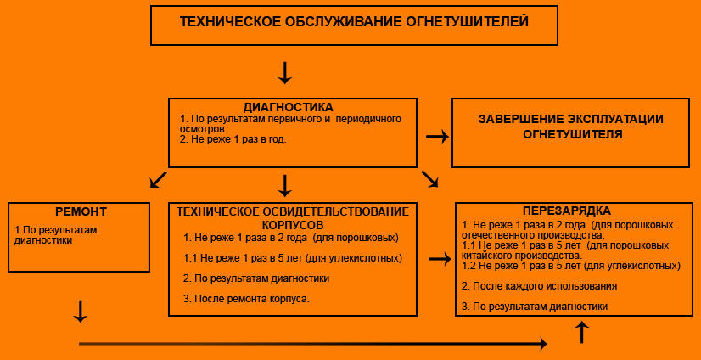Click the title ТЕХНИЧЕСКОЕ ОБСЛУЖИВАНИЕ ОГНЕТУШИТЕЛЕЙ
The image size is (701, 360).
[x=354, y=22]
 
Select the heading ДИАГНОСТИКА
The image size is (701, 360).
[x=288, y=107]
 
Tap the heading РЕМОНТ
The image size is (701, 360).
[x=81, y=211]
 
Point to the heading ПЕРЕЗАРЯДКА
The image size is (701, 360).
[x=566, y=211]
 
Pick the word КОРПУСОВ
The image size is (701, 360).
[x=293, y=223]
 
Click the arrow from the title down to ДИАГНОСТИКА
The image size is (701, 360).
[x=284, y=72]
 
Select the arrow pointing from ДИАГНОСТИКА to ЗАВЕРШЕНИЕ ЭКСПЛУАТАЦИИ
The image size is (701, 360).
[x=437, y=137]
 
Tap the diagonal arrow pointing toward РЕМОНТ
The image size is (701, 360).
[x=158, y=180]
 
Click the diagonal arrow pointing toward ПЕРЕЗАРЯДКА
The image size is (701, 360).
[x=430, y=179]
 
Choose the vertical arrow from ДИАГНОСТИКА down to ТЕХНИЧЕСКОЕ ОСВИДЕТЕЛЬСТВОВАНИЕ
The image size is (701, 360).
[x=284, y=186]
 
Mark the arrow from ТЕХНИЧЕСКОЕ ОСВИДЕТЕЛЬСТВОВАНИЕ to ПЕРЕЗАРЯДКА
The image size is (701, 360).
[x=440, y=259]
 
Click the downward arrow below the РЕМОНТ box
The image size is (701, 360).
[x=80, y=312]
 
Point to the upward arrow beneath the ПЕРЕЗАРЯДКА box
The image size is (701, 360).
[x=582, y=332]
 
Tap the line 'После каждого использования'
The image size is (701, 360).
[x=540, y=286]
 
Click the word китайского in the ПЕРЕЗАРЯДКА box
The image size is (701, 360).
[x=485, y=256]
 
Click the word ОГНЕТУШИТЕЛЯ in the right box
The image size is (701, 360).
[x=573, y=135]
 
